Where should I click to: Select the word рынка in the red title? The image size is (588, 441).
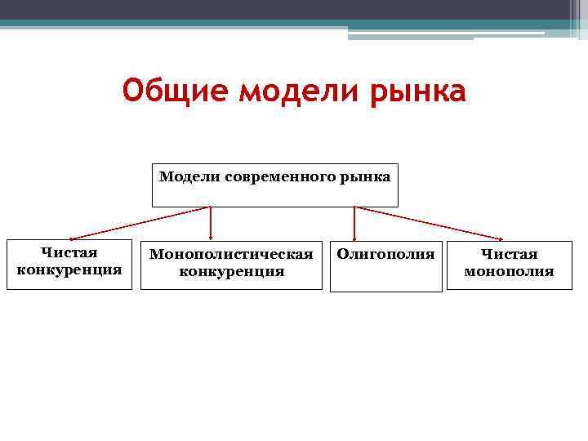418,90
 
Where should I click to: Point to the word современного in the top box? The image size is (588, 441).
275,176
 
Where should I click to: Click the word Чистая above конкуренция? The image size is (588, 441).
69,253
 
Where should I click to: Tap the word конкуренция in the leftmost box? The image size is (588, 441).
69,269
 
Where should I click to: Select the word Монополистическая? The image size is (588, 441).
231,255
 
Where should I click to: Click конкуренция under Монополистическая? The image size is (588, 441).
231,271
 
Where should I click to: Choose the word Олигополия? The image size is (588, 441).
385,254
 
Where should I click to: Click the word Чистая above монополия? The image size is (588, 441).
509,255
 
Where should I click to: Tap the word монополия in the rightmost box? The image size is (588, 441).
509,271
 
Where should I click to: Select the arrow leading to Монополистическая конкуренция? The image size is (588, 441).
212,222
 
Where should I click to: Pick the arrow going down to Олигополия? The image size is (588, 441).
354,222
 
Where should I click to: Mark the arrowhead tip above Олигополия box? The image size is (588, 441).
354,239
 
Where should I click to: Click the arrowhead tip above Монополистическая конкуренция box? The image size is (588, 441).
212,239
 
